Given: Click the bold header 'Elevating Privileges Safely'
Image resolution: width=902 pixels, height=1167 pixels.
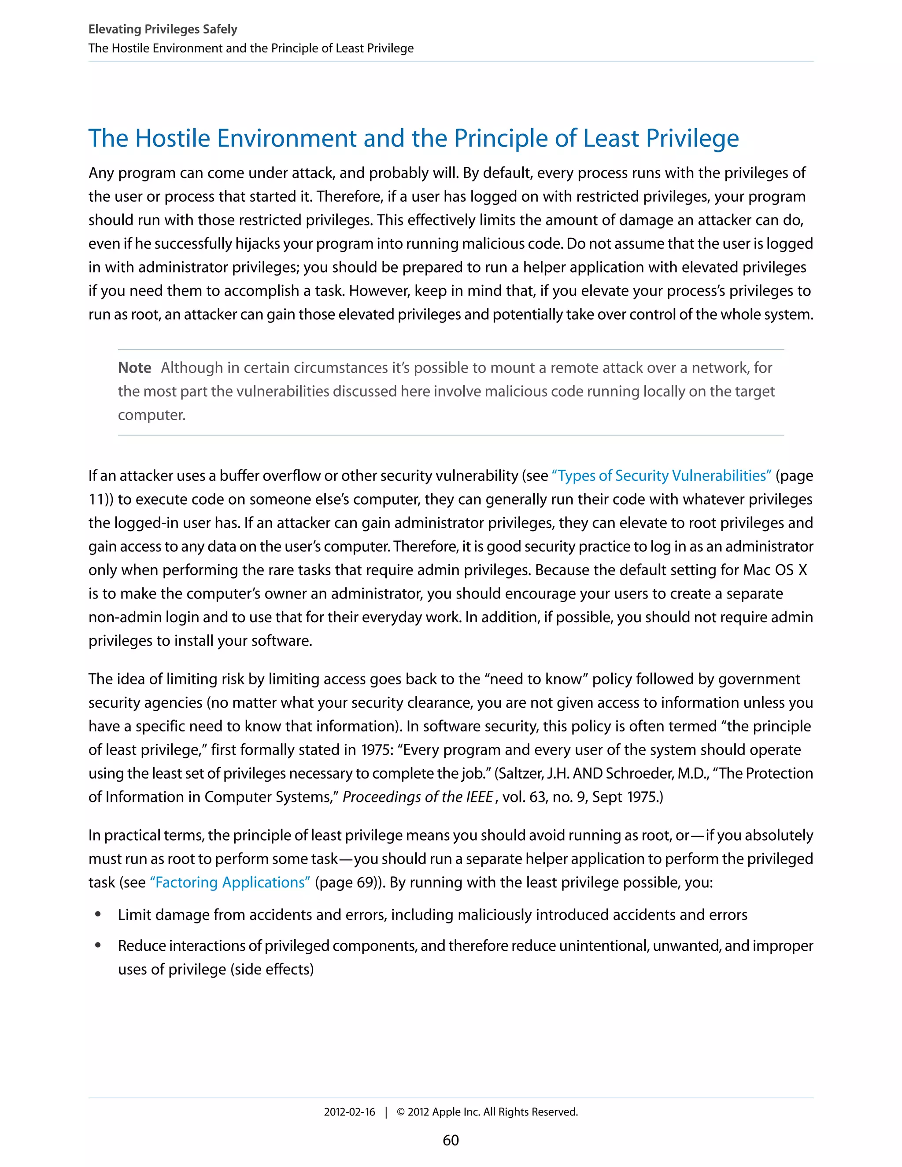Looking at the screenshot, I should (163, 30).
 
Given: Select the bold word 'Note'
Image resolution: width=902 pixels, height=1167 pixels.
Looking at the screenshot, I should (135, 368).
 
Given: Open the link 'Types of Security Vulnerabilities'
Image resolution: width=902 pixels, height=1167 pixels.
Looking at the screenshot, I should (662, 476).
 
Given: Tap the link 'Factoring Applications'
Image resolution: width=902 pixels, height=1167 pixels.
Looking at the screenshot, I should (230, 882).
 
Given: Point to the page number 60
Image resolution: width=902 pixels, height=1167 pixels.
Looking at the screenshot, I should (451, 1140).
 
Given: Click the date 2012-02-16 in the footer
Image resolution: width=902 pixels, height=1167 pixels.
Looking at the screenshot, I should (349, 1112).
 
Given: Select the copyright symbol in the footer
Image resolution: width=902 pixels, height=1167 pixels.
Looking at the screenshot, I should (401, 1112).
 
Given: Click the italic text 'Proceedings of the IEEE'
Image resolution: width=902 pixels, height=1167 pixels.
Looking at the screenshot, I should (418, 797).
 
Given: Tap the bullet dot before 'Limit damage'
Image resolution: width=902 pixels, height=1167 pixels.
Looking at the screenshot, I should (98, 914).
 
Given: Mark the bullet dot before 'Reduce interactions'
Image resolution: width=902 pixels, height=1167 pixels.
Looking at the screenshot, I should (98, 945).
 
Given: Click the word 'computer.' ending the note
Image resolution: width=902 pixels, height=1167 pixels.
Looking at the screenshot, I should (152, 415).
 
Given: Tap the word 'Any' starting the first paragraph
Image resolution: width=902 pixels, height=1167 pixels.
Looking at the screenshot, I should (101, 173).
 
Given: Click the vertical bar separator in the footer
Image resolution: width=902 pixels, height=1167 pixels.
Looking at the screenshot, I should (386, 1112).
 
